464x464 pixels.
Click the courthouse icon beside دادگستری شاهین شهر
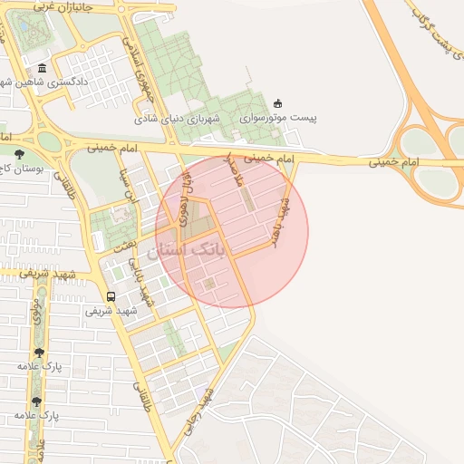tap(43, 70)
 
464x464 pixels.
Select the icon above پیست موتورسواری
tap(277, 103)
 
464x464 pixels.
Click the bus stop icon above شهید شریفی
tap(111, 296)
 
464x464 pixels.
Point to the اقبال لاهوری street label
tap(185, 192)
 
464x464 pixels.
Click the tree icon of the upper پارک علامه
tap(38, 353)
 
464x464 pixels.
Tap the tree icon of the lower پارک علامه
tap(36, 401)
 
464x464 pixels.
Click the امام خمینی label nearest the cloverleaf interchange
tap(393, 162)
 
